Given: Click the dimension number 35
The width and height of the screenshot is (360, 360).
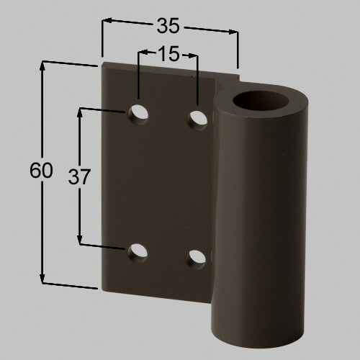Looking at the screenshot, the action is (x=168, y=26).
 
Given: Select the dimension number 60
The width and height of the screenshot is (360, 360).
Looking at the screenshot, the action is (x=41, y=170).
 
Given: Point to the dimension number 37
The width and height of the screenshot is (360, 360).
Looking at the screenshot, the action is (x=79, y=176).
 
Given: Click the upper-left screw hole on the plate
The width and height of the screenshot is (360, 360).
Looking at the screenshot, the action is (x=138, y=114).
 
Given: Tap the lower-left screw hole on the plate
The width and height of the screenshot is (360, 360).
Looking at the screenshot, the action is (x=137, y=253).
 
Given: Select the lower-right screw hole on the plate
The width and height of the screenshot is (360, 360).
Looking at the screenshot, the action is (x=197, y=258).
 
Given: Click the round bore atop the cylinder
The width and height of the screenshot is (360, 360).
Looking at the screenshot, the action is (x=261, y=102).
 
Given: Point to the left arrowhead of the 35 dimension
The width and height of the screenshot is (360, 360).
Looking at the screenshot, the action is (x=107, y=20).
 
